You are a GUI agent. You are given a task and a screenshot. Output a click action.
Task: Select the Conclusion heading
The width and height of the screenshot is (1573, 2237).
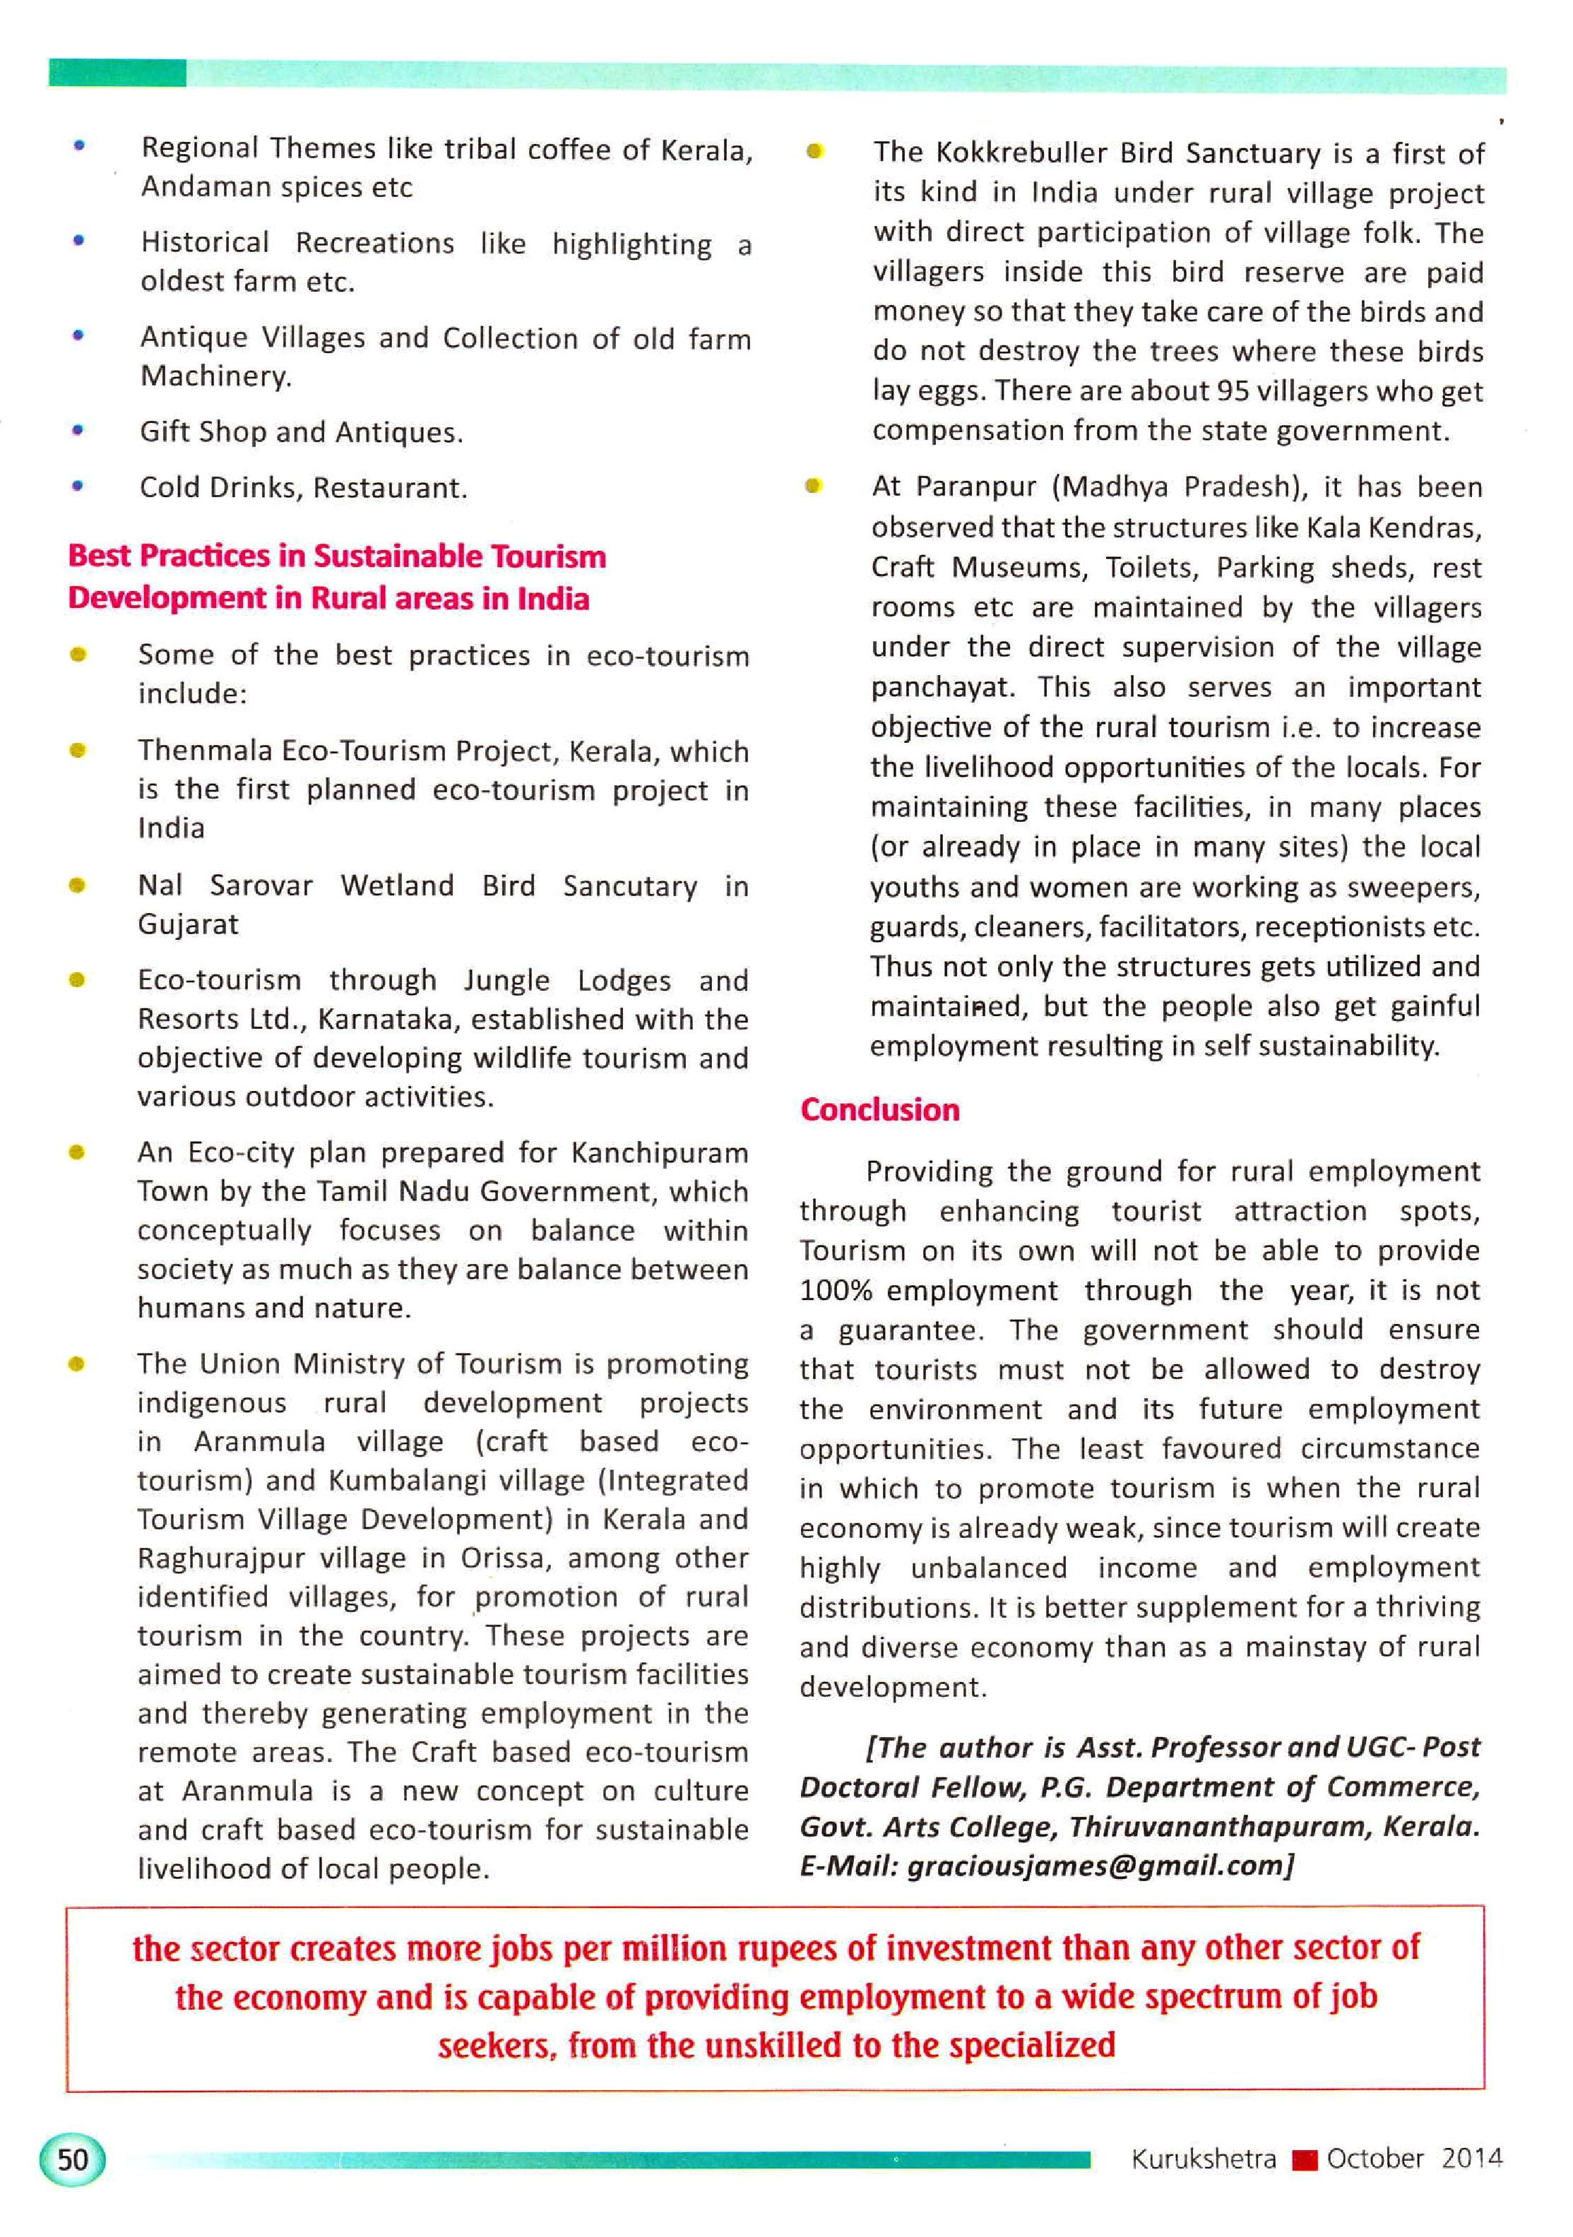(879, 1110)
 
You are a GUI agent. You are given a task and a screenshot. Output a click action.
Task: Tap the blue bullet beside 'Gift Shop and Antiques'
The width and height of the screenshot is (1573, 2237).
(78, 429)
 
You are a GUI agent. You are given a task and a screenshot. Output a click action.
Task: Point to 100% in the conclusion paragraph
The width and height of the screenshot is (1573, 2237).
(835, 1291)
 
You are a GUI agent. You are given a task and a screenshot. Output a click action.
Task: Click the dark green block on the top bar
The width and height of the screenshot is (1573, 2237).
(117, 73)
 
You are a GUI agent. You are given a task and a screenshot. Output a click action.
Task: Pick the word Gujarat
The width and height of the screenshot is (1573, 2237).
(187, 924)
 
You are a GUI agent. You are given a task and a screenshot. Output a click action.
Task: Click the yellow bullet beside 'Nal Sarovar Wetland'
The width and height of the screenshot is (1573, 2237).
(78, 885)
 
